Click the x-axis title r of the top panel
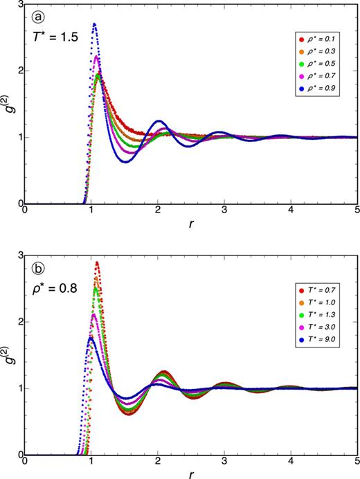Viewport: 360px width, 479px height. click(192, 225)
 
